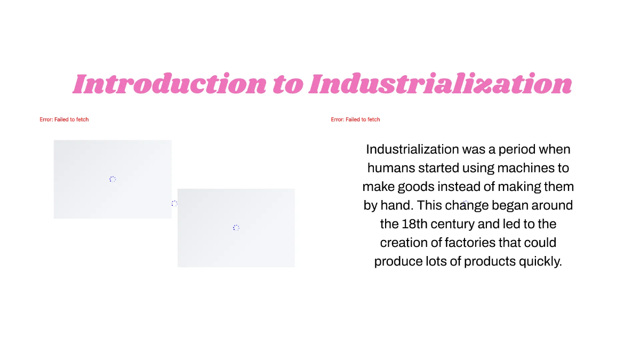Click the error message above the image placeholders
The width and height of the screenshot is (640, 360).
pos(64,119)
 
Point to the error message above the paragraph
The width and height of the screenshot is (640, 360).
pos(355,119)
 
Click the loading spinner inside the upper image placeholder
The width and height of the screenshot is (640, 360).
pos(113,179)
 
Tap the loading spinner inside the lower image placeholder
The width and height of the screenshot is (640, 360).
pos(236,228)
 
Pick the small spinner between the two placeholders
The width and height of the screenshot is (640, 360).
pos(174,203)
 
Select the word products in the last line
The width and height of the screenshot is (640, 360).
pos(490,262)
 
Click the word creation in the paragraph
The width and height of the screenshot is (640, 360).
pos(403,243)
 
